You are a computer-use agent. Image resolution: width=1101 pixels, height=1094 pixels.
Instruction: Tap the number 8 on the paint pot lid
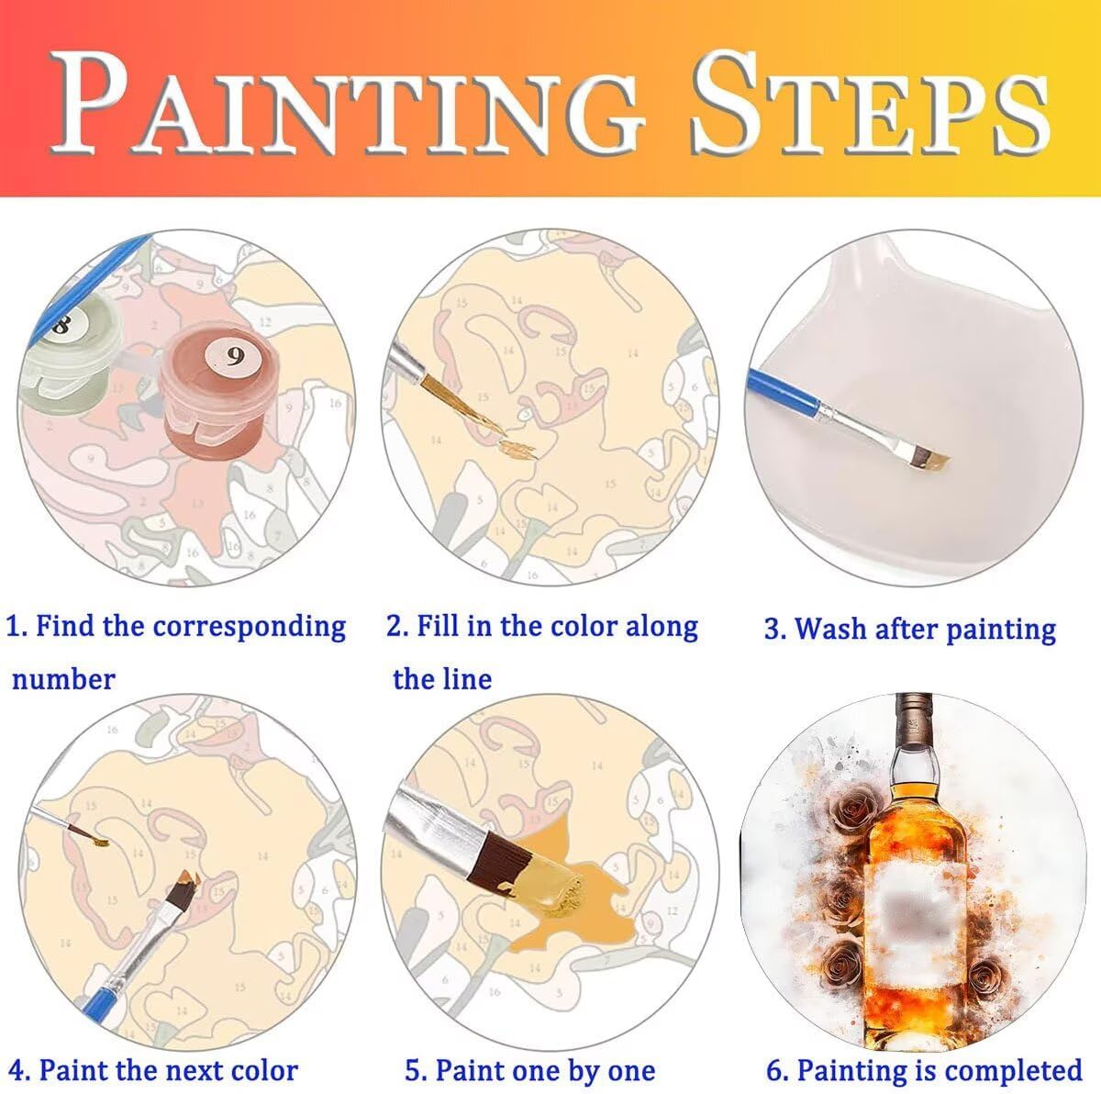(x=61, y=326)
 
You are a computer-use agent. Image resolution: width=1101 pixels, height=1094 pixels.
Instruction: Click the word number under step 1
(x=63, y=679)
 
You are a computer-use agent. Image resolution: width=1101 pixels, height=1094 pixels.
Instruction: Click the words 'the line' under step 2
(x=442, y=678)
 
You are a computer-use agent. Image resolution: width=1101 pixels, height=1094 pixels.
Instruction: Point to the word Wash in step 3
(x=830, y=628)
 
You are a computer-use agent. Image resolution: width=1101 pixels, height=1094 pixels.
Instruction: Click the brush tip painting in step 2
(x=518, y=448)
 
